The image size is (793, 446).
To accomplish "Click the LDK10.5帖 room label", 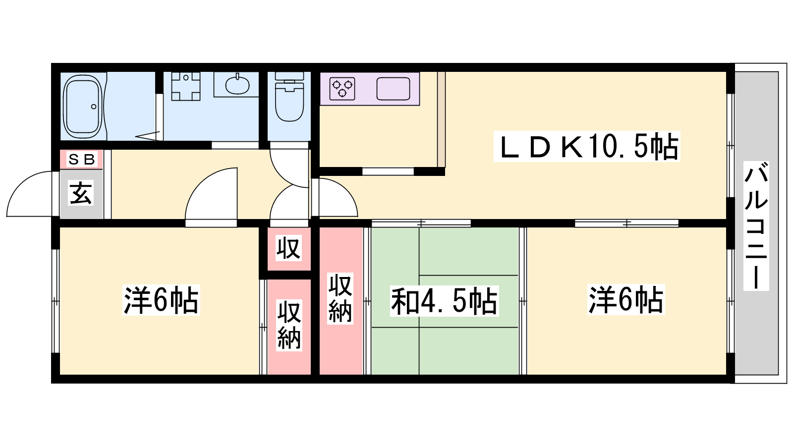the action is pos(587,146).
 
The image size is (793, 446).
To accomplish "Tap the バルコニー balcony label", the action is pos(756,226).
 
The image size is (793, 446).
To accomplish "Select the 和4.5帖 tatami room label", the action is pos(444,301).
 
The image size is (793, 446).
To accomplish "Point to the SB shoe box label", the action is pos(82,159).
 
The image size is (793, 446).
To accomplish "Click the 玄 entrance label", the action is pos(81,193).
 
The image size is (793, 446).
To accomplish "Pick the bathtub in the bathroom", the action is pos(83,107).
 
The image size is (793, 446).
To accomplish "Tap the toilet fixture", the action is pos(289,97).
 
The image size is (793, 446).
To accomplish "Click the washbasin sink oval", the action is pos(237,85).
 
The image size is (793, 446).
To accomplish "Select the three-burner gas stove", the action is pos(342,89).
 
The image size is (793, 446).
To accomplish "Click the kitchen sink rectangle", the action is pos(393,89).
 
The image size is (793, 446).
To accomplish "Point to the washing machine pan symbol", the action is pos(186,86).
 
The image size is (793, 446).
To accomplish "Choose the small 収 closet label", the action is pos(288,248).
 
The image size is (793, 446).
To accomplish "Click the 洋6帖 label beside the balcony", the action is pos(626,300).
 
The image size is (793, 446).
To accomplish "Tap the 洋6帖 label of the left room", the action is pos(161,300).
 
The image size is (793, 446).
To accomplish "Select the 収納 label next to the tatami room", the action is pos(340,298).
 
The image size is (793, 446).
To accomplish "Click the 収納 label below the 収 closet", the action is pos(289,325).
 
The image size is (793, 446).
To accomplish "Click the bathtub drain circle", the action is pos(94,107).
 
